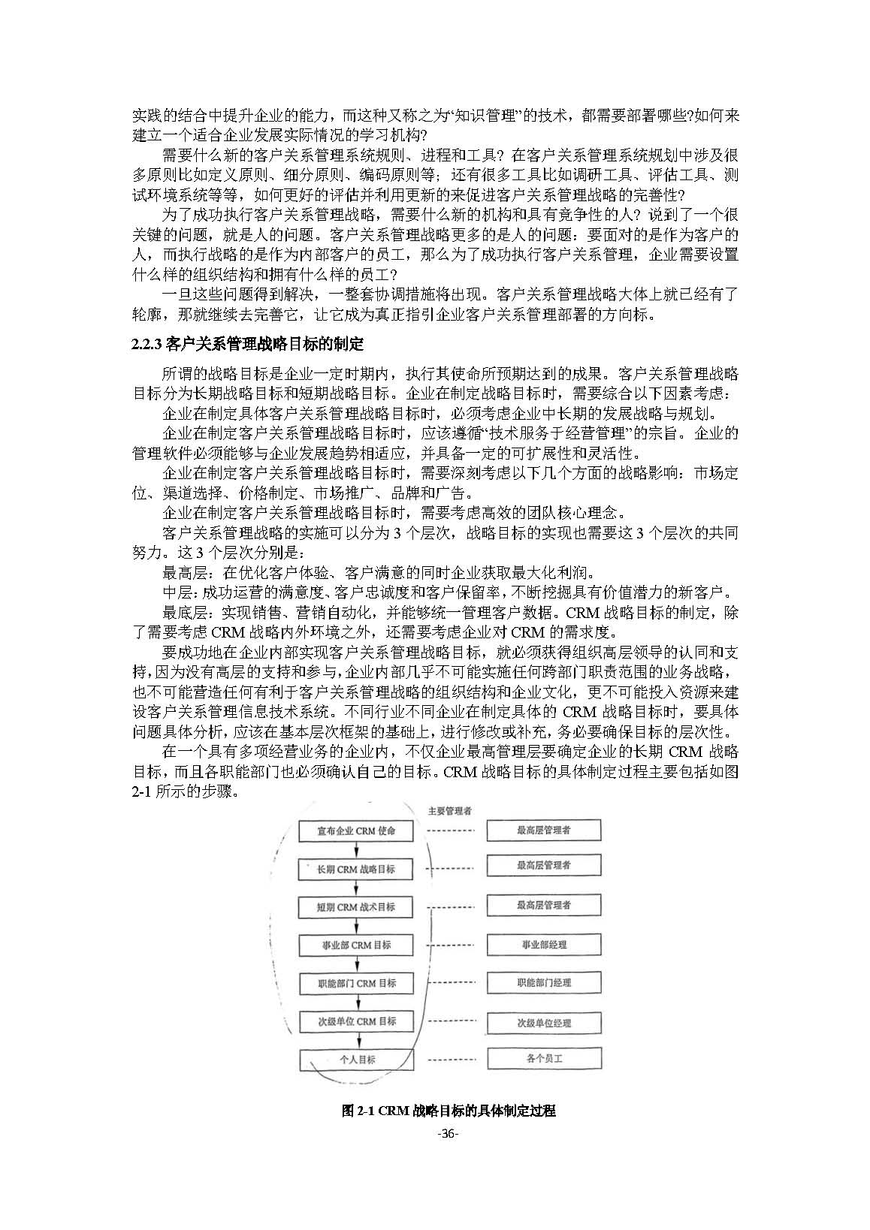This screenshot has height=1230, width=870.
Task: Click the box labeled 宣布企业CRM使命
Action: tap(356, 831)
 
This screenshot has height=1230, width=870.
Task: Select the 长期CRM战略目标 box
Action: tap(356, 869)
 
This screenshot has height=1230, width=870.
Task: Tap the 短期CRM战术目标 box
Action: tap(356, 906)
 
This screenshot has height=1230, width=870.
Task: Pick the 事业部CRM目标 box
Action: tap(356, 945)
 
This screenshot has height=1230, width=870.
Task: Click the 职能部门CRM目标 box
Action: tap(356, 983)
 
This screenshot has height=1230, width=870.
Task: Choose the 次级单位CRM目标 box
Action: tap(356, 1021)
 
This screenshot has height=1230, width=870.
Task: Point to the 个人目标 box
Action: tap(356, 1060)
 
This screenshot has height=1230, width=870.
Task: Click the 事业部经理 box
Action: tap(544, 945)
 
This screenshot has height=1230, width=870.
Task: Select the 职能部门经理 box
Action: tap(544, 983)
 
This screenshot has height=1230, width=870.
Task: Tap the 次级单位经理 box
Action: tap(544, 1023)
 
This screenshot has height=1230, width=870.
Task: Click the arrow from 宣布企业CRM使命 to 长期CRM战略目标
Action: tap(357, 850)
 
